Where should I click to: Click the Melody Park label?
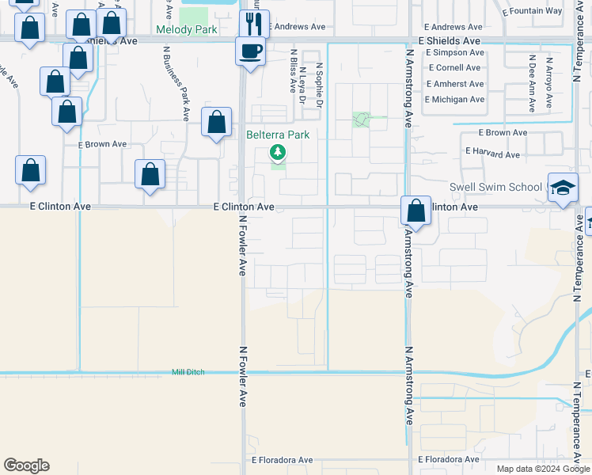(187, 29)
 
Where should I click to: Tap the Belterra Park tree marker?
(277, 151)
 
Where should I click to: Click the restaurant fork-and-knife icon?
(254, 23)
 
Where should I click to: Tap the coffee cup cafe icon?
(251, 52)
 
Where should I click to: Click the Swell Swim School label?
(495, 188)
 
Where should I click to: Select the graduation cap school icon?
(563, 188)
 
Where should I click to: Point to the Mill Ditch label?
(188, 372)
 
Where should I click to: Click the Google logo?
(26, 465)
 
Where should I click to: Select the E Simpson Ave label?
(454, 52)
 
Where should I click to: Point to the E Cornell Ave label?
(455, 68)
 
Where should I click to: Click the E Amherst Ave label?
(455, 84)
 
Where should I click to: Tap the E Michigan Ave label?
(454, 100)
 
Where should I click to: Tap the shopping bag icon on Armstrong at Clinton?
(416, 211)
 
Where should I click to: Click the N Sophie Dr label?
(320, 85)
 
